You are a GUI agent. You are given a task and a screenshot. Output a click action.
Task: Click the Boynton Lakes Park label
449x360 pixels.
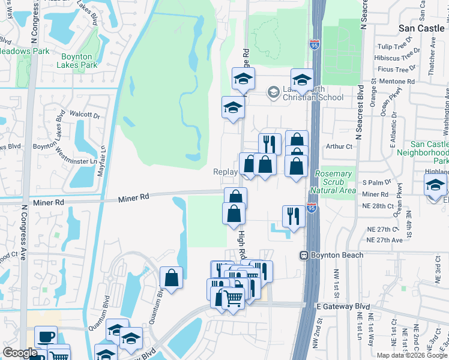80,61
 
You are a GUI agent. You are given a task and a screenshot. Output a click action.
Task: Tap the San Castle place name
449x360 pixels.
423,28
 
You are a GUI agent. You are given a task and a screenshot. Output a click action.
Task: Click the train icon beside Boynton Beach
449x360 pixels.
305,255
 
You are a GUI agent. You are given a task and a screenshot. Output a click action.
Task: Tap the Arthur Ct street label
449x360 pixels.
339,146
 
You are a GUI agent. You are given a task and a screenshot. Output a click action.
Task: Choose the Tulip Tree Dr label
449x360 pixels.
394,47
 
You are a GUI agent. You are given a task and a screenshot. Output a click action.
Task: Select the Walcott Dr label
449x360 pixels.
84,114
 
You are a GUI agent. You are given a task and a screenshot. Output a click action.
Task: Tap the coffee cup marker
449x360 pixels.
46,337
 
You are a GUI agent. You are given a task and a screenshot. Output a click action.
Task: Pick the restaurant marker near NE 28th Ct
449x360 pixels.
293,215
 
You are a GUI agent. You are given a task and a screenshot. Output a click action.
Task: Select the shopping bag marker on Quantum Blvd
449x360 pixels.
171,277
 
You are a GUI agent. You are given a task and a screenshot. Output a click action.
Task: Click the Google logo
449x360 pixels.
20,353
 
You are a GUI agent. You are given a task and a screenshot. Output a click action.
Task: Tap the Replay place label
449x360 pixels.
226,172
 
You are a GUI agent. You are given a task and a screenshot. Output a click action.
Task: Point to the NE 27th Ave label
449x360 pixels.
387,240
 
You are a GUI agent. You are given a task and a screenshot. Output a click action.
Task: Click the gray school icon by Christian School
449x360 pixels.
273,92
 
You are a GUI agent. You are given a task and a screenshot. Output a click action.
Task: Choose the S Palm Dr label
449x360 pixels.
376,182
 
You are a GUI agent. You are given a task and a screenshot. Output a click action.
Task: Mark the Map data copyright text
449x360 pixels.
412,355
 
